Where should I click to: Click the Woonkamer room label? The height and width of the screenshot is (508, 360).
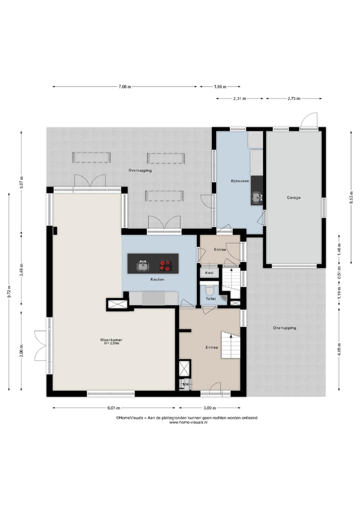click(111, 340)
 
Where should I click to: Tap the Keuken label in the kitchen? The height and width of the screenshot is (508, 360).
click(157, 279)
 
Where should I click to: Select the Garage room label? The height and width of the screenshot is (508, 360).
click(293, 198)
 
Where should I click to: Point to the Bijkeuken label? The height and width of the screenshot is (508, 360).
click(240, 181)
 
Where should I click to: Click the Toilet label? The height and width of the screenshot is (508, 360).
click(211, 299)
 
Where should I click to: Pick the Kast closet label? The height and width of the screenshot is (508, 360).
click(209, 273)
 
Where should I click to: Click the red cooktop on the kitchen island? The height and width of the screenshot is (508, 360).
click(165, 266)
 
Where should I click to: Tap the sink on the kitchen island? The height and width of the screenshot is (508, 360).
click(142, 266)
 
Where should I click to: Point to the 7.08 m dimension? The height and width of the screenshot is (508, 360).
click(125, 87)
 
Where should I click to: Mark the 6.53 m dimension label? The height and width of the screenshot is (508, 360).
click(351, 197)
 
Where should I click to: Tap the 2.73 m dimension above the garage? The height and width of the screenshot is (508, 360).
click(294, 98)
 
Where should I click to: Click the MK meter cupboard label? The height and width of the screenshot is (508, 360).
click(186, 384)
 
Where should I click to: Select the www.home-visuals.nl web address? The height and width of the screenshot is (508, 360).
click(188, 423)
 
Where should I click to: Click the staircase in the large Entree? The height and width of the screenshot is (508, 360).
click(231, 345)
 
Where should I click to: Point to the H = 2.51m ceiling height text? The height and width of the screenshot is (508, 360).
click(111, 344)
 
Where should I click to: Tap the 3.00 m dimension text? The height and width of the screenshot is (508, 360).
click(209, 408)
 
